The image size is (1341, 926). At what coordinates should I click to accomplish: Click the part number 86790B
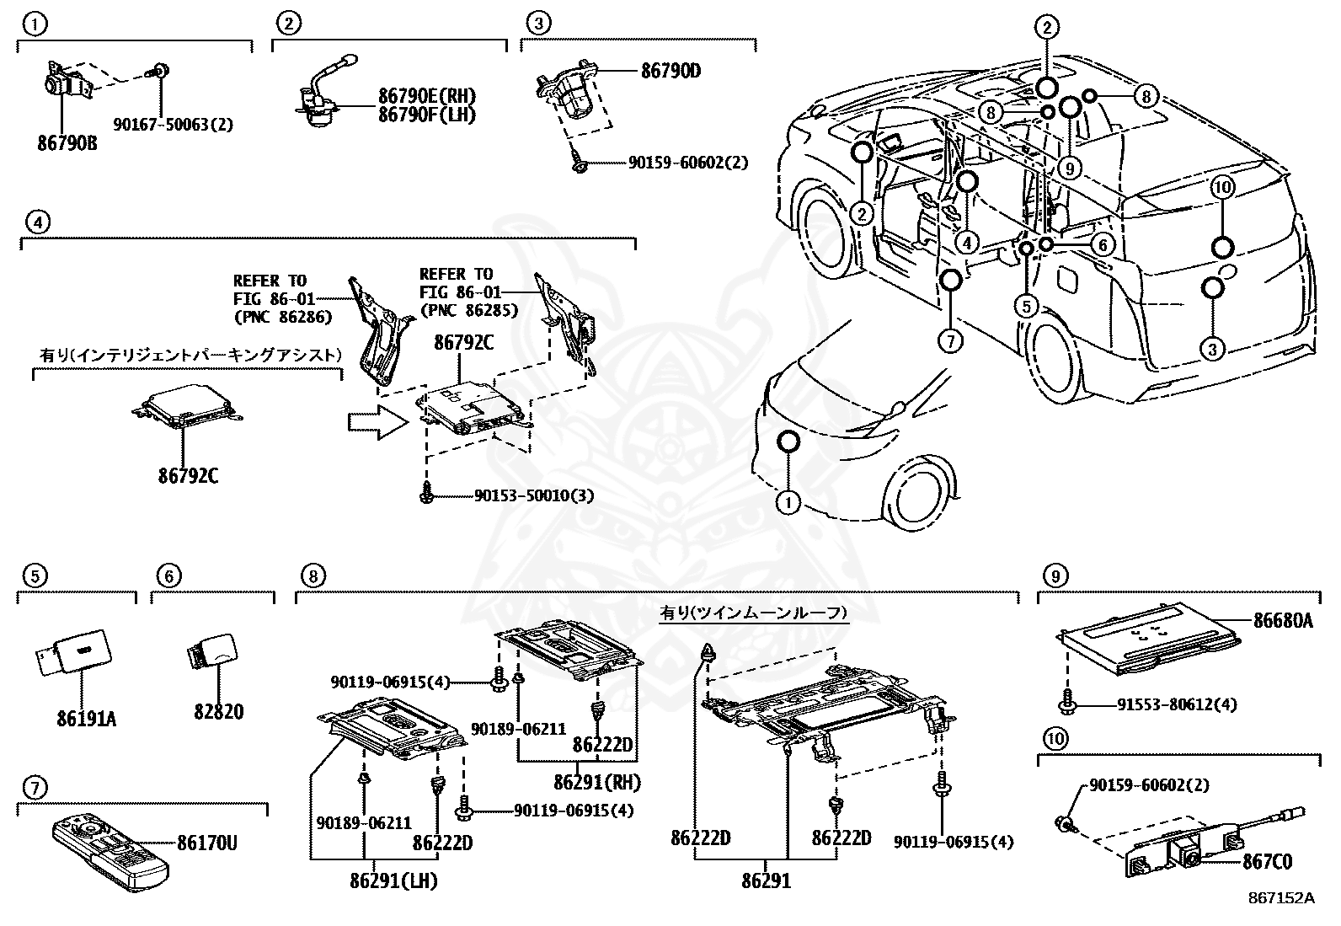(x=67, y=143)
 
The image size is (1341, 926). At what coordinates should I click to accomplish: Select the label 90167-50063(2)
(x=173, y=125)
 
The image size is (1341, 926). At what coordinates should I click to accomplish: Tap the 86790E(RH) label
(x=426, y=97)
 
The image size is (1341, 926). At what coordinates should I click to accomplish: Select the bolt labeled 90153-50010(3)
(x=426, y=495)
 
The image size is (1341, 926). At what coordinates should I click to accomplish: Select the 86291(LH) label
(x=394, y=881)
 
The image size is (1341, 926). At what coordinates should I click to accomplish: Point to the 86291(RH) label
(x=597, y=782)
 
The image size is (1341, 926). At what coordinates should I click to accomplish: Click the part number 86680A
(x=1284, y=621)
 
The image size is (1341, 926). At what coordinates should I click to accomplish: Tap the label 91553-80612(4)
(x=1166, y=704)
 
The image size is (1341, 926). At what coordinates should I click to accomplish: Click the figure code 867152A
(x=1281, y=898)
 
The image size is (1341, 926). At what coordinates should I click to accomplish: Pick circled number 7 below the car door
(x=949, y=340)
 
